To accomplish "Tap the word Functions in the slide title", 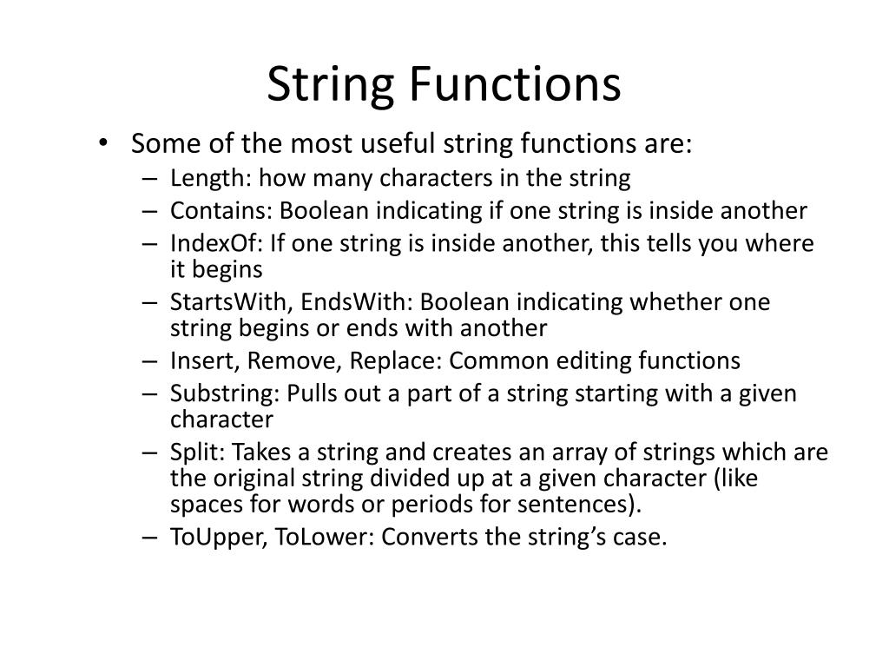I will coord(515,85).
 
